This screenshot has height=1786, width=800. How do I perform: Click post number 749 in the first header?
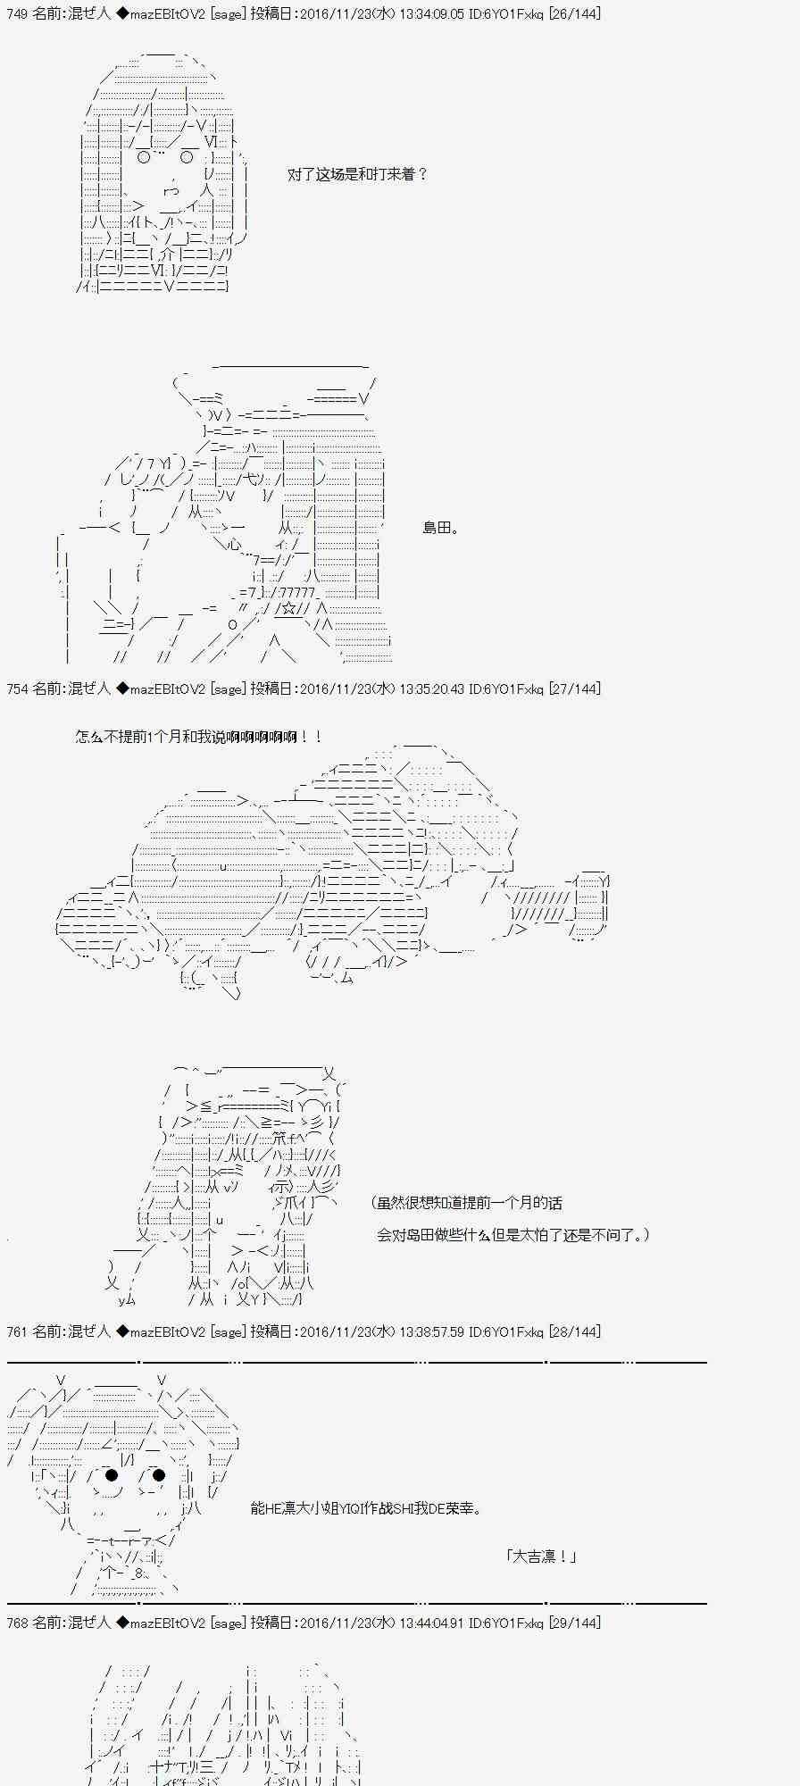(x=17, y=14)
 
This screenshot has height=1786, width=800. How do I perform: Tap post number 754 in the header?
(x=17, y=689)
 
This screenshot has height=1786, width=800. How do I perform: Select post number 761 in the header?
(x=17, y=1332)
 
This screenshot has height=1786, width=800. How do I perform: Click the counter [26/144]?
(x=573, y=14)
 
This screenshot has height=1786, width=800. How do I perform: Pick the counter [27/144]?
(x=573, y=689)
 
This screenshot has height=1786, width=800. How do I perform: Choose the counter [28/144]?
(x=573, y=1332)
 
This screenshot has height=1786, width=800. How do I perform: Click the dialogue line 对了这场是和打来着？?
(x=358, y=175)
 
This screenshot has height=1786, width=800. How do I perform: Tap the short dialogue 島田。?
(x=441, y=529)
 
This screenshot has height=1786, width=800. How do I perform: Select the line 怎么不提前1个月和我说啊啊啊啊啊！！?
(x=199, y=738)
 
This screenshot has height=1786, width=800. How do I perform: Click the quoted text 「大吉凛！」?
(x=541, y=1556)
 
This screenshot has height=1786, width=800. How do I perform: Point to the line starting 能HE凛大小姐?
(x=367, y=1509)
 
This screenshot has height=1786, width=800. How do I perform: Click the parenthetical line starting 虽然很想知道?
(x=467, y=1204)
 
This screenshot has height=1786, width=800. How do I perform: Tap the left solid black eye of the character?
(x=112, y=1474)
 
